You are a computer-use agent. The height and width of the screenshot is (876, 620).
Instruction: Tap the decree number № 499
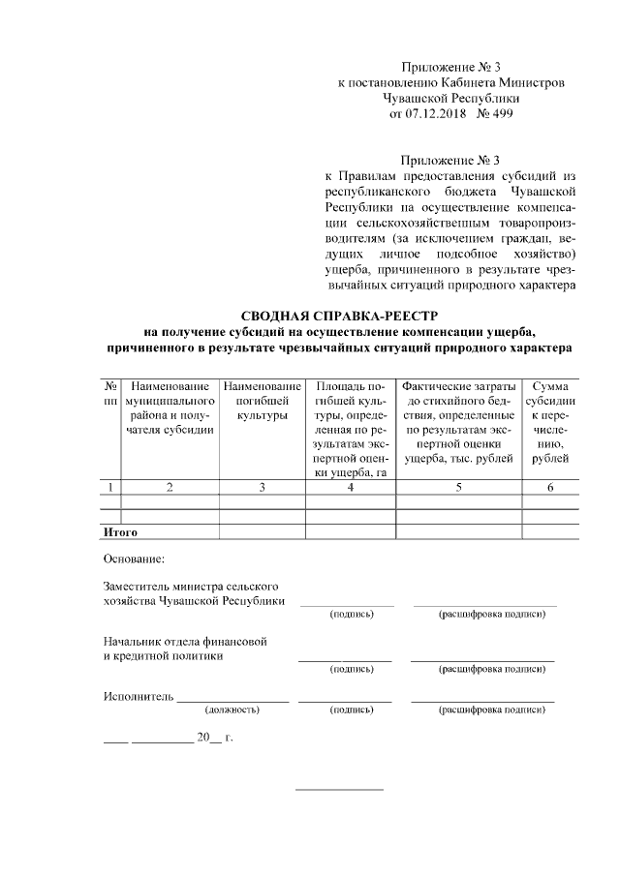tap(496, 113)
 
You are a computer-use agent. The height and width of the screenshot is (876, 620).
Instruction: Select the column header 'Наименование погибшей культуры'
tap(262, 401)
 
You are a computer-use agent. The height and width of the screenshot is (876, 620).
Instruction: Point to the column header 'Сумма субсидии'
tap(549, 422)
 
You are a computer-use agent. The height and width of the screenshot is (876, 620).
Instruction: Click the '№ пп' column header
tap(111, 393)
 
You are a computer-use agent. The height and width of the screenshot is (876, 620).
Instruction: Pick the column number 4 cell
tap(350, 487)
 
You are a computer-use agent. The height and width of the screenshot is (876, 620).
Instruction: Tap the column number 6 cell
tap(549, 487)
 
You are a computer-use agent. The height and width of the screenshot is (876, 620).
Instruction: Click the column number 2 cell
tap(170, 487)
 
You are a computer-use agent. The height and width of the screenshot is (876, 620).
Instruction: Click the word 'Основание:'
tap(134, 559)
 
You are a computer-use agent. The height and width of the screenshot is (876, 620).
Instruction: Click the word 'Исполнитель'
tap(138, 696)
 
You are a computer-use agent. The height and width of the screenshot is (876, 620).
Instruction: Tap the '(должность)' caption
tap(232, 710)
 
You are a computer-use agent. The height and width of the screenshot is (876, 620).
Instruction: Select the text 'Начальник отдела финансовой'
tap(184, 641)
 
